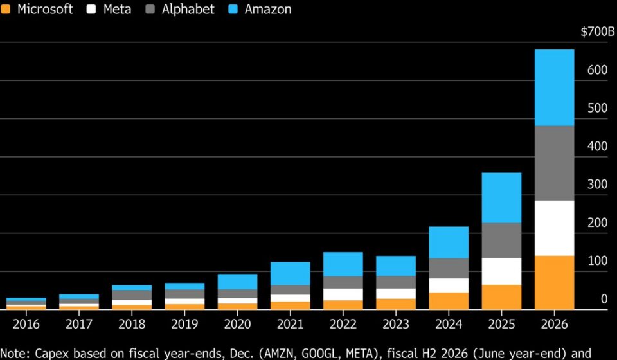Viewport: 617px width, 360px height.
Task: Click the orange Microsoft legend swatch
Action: coord(6,9)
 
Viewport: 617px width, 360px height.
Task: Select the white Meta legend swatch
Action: coord(91,9)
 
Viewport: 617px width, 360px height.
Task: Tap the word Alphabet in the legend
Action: coord(188,9)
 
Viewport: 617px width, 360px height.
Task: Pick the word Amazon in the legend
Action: coord(268,9)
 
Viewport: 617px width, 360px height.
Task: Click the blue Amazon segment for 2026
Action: coord(554,87)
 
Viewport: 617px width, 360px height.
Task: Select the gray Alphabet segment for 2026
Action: coord(554,163)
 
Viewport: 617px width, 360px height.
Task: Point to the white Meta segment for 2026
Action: coord(554,228)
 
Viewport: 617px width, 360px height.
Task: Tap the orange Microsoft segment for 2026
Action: coord(554,282)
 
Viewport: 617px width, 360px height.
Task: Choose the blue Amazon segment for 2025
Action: coord(501,198)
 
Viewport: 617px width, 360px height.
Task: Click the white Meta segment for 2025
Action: coord(501,271)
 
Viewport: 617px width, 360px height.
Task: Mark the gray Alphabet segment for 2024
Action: coord(449,268)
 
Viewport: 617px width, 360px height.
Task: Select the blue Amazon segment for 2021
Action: coord(291,273)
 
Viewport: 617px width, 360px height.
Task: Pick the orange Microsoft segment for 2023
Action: coord(396,304)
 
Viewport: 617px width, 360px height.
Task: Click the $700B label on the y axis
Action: coord(597,32)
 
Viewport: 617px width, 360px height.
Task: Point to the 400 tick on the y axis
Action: coord(597,147)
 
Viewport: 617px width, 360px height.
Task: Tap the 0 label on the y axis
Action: coord(604,299)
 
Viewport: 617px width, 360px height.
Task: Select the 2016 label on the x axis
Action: coord(26,324)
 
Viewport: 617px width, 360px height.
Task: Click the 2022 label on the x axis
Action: coord(343,324)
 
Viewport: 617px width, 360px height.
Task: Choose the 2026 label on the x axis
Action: coord(554,324)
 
